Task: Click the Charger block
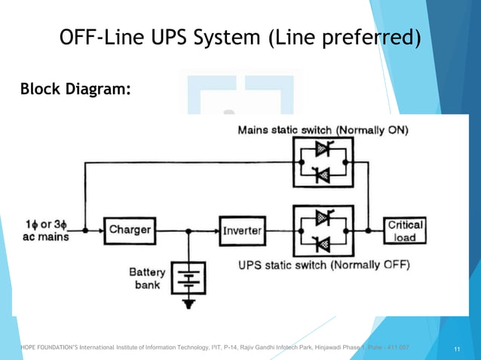pos(130,229)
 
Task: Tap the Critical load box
pos(406,230)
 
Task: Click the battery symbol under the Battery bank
pos(185,280)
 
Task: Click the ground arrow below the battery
pos(185,304)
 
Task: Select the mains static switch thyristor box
pos(323,162)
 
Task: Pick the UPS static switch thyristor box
pos(323,230)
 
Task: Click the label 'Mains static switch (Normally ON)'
pos(323,130)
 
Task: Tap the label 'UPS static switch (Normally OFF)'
pos(324,265)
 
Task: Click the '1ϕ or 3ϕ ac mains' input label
pos(47,230)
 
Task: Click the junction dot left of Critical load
pos(367,230)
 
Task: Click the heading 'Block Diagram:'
pos(76,90)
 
